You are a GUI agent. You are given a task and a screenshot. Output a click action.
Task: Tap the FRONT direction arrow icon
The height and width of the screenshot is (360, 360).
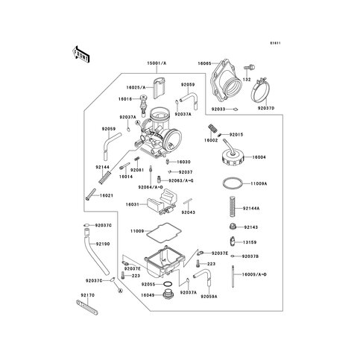coord(80,54)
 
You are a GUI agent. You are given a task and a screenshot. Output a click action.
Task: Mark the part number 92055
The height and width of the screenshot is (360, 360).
coord(148,285)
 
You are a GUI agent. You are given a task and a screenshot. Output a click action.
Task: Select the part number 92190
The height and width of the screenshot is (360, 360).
coord(104,244)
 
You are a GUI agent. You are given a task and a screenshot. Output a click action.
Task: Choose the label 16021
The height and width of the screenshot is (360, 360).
coord(106,195)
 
